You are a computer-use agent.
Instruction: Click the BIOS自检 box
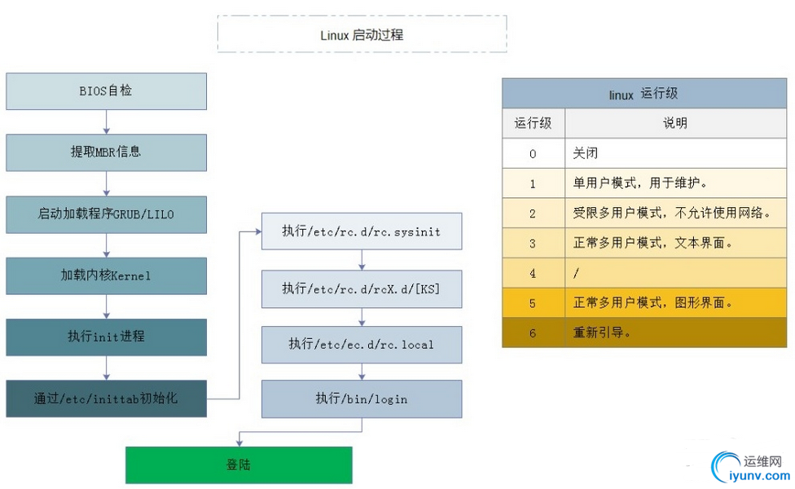coord(106,90)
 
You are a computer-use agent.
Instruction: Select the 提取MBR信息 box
coord(106,152)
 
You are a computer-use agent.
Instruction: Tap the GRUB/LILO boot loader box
coord(106,214)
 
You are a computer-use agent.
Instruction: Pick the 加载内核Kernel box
coord(106,275)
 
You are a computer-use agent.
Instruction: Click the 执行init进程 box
coord(106,337)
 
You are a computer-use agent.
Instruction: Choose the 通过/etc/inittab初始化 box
coord(106,399)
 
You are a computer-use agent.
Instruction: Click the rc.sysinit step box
coord(362,231)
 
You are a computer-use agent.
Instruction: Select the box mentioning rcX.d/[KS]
coord(362,288)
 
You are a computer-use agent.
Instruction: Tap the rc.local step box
coord(362,344)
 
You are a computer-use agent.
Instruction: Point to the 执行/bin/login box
coord(362,399)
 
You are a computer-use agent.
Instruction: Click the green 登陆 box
coord(239,465)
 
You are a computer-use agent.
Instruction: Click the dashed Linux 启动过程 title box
coord(362,34)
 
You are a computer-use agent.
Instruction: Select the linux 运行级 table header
coord(643,94)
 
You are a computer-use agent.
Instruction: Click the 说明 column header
coord(675,123)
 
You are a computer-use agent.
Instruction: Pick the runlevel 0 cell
coord(533,153)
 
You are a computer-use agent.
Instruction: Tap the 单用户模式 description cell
coord(675,183)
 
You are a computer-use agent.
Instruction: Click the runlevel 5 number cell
coord(533,303)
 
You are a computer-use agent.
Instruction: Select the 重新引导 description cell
coord(675,333)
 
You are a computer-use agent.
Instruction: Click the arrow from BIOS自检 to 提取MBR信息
coord(106,121)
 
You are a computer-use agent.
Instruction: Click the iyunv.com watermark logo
coord(748,469)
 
